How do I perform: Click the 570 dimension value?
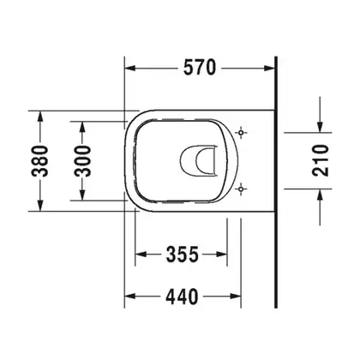tap(200, 68)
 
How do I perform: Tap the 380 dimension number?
tap(40, 161)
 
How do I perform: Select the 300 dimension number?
tap(82, 161)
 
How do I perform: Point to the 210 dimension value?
tap(321, 160)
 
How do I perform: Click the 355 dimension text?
tap(182, 254)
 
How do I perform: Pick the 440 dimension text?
tap(182, 297)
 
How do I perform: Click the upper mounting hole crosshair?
tap(241, 133)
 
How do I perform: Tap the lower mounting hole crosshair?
tap(241, 189)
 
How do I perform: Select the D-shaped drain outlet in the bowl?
tap(198, 160)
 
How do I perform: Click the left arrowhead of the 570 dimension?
tap(130, 68)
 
